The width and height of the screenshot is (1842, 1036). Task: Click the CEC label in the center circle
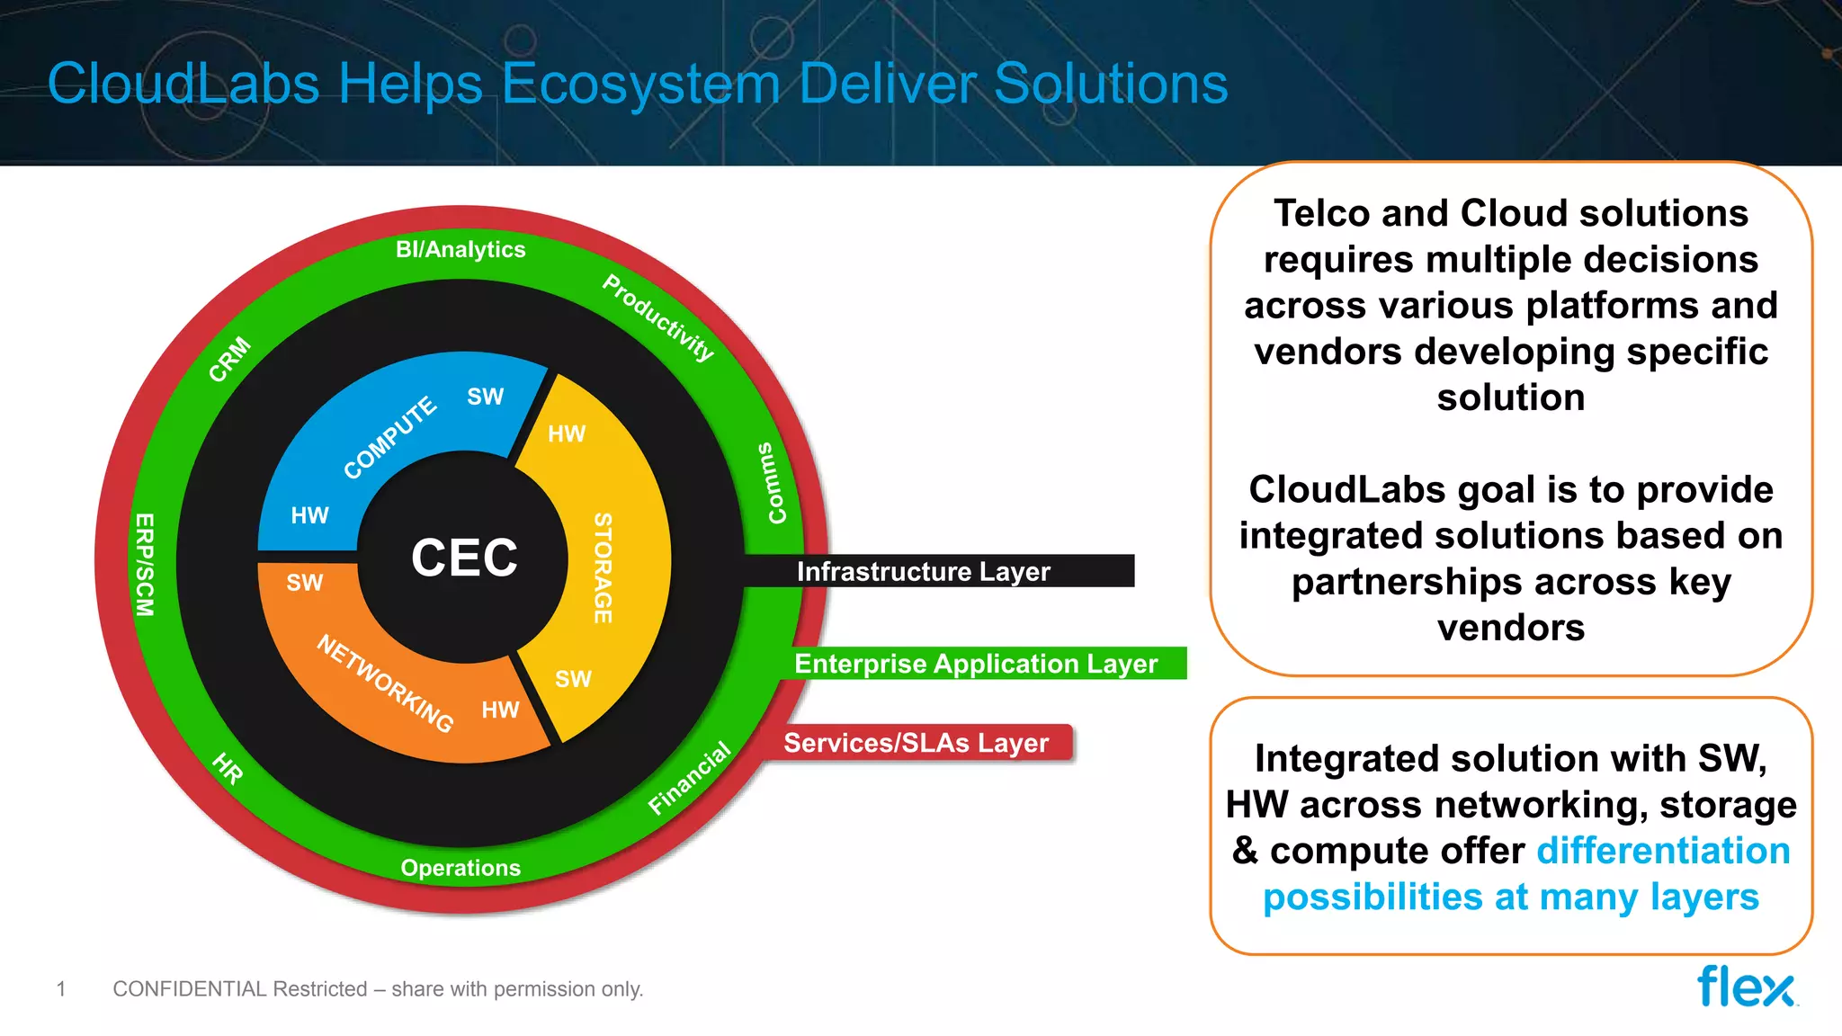click(464, 558)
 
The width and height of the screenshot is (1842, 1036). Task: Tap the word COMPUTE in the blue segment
click(389, 438)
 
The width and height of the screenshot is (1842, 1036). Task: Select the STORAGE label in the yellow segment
click(603, 567)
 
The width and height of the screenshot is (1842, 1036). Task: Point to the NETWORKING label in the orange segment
click(385, 683)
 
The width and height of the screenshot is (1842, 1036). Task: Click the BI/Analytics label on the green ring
click(460, 249)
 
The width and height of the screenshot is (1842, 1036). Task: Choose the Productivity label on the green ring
click(658, 317)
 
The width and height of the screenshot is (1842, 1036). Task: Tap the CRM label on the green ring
click(229, 359)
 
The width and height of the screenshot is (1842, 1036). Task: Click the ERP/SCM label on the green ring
click(144, 565)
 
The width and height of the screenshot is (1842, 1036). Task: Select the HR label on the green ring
click(228, 769)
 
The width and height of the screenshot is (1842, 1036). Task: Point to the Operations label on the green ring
click(460, 868)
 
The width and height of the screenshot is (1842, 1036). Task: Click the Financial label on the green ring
click(689, 778)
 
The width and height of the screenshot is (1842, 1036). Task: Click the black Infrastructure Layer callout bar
click(935, 571)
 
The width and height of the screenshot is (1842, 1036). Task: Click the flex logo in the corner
click(1746, 987)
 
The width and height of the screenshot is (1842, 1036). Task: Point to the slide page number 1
click(61, 989)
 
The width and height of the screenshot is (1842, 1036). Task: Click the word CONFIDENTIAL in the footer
click(190, 989)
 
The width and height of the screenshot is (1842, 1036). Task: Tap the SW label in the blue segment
click(486, 397)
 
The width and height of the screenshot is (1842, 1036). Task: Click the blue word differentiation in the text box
click(1663, 851)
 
